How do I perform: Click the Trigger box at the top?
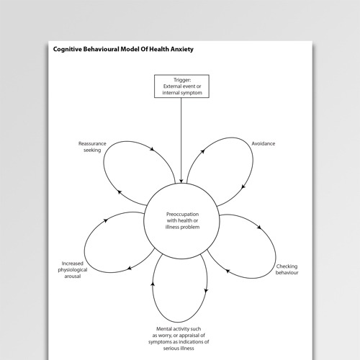pos(180,86)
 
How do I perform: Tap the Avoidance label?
pos(264,143)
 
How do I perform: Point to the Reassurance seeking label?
pos(92,147)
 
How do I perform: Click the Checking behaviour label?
pos(287,270)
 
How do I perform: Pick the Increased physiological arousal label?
pos(76,271)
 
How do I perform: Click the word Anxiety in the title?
pos(178,50)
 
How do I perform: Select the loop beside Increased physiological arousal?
pos(117,246)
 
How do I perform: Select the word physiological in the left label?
pos(76,271)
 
